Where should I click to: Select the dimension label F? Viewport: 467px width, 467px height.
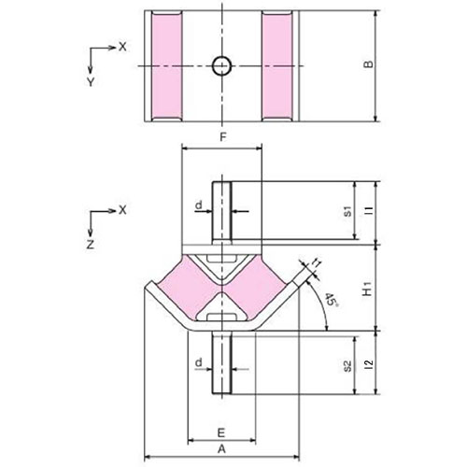click(x=221, y=138)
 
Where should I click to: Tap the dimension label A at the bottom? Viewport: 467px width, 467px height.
click(x=221, y=448)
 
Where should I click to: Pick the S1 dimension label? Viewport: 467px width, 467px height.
click(x=347, y=211)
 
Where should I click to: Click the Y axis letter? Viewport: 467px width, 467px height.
click(x=91, y=81)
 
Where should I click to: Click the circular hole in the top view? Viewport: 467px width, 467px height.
click(x=221, y=65)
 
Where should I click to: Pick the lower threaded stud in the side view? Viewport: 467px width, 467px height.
click(x=221, y=362)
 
